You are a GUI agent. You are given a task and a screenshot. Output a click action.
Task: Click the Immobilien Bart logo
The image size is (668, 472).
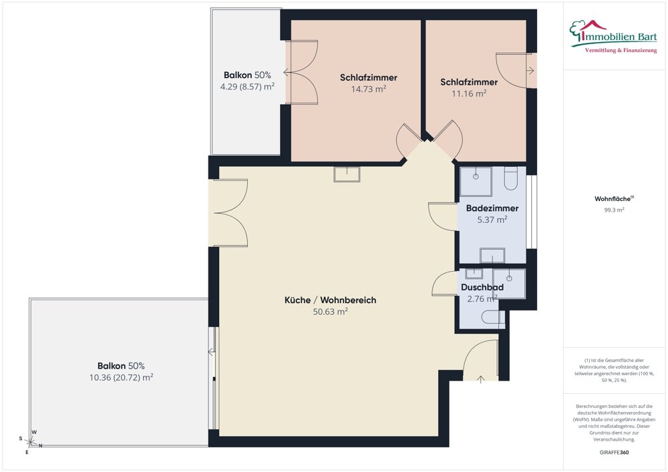(x=613, y=36)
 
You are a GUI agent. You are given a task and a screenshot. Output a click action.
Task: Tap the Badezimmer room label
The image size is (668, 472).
(x=492, y=208)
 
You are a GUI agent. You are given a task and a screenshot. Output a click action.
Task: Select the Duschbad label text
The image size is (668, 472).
(x=482, y=287)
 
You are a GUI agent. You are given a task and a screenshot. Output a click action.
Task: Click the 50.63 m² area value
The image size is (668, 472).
(x=330, y=312)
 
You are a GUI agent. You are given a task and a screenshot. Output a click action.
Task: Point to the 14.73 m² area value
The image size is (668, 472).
(x=369, y=89)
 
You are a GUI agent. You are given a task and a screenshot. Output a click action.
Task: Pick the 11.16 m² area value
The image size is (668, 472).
(x=469, y=93)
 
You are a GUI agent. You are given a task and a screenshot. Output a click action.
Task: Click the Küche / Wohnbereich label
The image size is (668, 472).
(x=330, y=300)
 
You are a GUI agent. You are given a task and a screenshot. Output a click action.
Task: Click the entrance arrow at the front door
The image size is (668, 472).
(x=481, y=379)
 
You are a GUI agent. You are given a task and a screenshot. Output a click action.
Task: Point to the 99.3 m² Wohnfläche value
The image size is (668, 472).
(x=614, y=210)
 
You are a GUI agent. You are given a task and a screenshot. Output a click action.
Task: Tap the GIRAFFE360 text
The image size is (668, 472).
(x=614, y=453)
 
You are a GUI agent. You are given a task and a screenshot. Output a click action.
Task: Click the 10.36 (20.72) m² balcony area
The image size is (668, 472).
(x=121, y=377)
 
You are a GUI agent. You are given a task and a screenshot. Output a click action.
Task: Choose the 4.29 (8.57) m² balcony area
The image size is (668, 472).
(x=247, y=87)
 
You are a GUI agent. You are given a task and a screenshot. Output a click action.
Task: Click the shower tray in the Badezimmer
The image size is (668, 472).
(x=476, y=182)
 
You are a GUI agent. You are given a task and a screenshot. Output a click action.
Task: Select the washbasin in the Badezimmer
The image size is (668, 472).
(x=492, y=256)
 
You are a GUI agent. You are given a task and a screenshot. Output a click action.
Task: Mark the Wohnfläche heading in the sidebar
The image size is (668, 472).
(x=614, y=199)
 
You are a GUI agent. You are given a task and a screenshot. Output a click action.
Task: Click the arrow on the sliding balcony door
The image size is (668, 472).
(x=212, y=352)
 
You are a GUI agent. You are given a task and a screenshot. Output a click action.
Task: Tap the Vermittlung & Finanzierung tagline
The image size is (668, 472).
(x=621, y=51)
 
